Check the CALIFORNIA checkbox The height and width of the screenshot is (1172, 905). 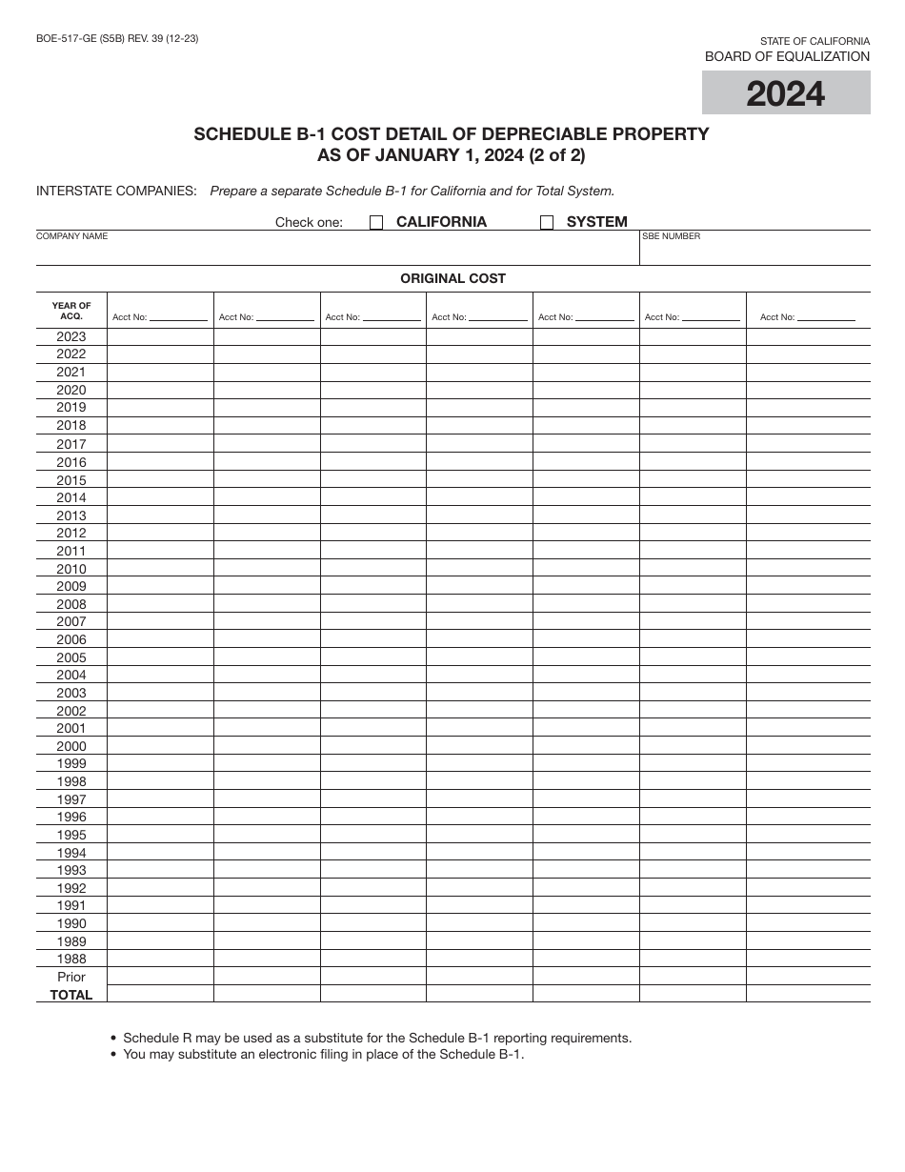point(376,223)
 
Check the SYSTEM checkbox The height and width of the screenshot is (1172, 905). point(547,223)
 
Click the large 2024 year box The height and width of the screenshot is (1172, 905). point(786,93)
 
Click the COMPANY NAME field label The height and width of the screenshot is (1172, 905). point(72,236)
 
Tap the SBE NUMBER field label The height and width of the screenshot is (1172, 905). point(672,236)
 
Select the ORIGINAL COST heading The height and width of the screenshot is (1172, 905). point(452,278)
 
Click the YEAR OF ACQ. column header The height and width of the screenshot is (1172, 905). point(71,311)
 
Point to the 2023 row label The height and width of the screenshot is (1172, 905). point(71,336)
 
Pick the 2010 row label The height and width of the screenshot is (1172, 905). point(71,569)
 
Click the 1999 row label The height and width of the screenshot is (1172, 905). point(71,764)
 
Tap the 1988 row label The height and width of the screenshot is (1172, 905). point(71,960)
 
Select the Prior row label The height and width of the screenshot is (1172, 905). point(71,977)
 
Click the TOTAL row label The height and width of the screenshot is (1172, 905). point(71,995)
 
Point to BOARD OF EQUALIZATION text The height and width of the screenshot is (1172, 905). point(787,56)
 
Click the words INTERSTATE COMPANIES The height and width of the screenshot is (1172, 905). point(116,191)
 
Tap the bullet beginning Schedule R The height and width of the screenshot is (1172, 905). point(377,1038)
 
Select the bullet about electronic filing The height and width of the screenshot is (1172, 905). point(324,1054)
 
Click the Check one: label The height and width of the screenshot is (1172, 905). point(309,222)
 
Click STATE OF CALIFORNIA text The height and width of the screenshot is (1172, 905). point(814,41)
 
